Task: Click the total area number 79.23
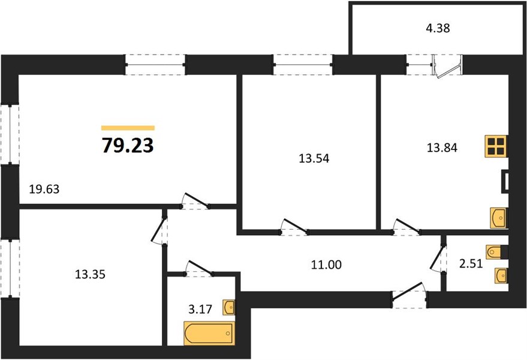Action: coord(128,145)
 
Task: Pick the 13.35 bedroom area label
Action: coord(91,275)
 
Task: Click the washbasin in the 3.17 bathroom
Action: coord(228,307)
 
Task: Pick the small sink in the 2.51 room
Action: coord(501,275)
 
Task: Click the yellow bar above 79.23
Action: coord(128,128)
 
